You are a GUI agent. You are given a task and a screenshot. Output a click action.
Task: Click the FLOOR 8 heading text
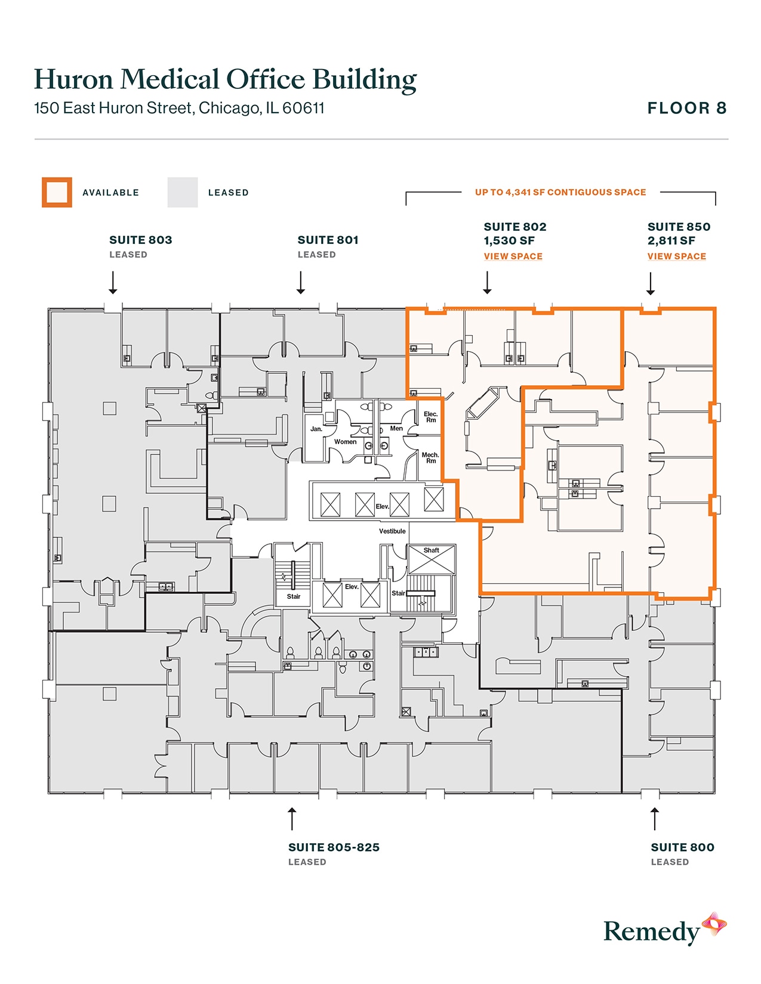click(686, 108)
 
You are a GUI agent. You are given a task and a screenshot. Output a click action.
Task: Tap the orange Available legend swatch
click(57, 193)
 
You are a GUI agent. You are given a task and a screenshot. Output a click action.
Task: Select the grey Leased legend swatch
click(182, 193)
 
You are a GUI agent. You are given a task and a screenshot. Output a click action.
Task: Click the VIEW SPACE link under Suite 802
click(513, 256)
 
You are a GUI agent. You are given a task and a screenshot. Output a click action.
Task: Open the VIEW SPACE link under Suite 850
click(676, 256)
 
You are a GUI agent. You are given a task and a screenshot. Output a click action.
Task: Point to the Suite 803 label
click(140, 240)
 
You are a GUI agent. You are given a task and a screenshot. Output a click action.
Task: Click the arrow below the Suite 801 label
click(301, 283)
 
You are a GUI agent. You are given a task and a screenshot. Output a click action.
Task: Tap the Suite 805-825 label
click(334, 847)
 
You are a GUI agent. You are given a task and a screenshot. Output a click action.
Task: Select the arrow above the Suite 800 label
click(655, 819)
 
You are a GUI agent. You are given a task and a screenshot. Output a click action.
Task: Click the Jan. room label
click(316, 429)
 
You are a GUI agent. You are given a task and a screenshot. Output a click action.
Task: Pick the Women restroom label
click(345, 442)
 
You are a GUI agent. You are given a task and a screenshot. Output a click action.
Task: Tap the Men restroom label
click(396, 429)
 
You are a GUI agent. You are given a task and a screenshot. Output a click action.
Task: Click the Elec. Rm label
click(430, 417)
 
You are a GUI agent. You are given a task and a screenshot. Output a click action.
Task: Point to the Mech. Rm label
click(430, 457)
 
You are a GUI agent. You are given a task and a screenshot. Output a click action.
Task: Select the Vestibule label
click(392, 531)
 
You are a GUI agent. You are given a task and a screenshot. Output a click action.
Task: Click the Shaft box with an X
click(431, 560)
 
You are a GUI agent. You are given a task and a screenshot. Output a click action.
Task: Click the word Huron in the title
click(73, 79)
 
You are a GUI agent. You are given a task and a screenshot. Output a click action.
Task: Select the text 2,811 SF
click(671, 241)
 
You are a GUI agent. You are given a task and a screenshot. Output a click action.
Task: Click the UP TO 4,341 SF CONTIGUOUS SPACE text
click(560, 193)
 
